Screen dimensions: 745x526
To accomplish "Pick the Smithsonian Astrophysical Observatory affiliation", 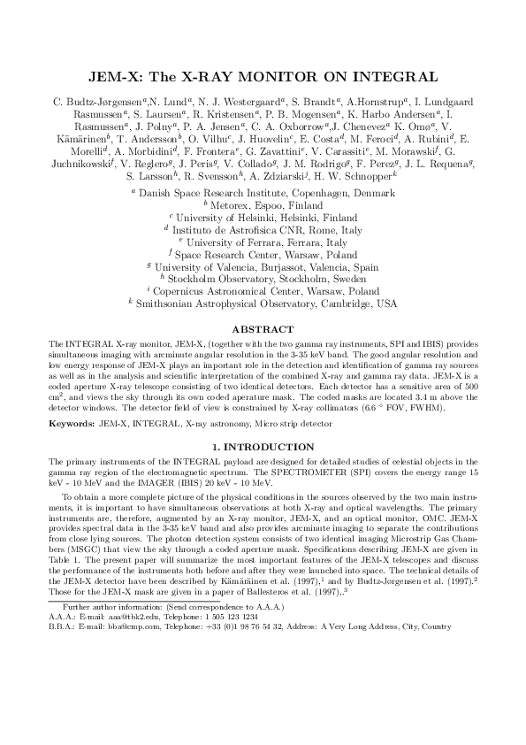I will coord(263,302).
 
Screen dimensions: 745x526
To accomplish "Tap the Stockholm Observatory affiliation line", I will coord(263,277).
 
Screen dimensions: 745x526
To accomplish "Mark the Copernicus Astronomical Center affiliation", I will coord(263,289).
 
